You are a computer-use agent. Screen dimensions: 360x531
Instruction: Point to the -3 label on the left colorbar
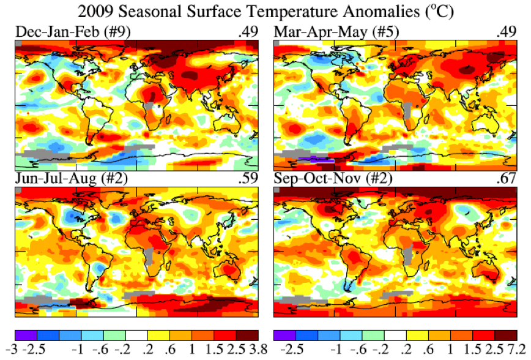[18, 351]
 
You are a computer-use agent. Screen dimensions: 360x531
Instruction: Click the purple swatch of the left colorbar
[26, 336]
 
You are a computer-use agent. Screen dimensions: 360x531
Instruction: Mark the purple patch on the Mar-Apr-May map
[316, 160]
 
